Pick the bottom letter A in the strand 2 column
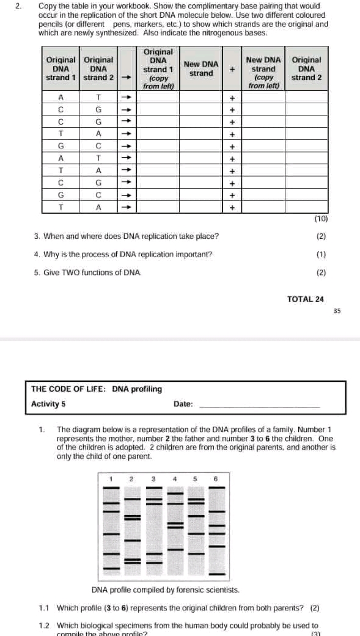[98, 208]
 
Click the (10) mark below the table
[321, 218]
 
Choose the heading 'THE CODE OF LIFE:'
[69, 389]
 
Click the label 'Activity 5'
[48, 404]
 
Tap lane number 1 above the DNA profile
[111, 478]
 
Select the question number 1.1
[44, 609]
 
